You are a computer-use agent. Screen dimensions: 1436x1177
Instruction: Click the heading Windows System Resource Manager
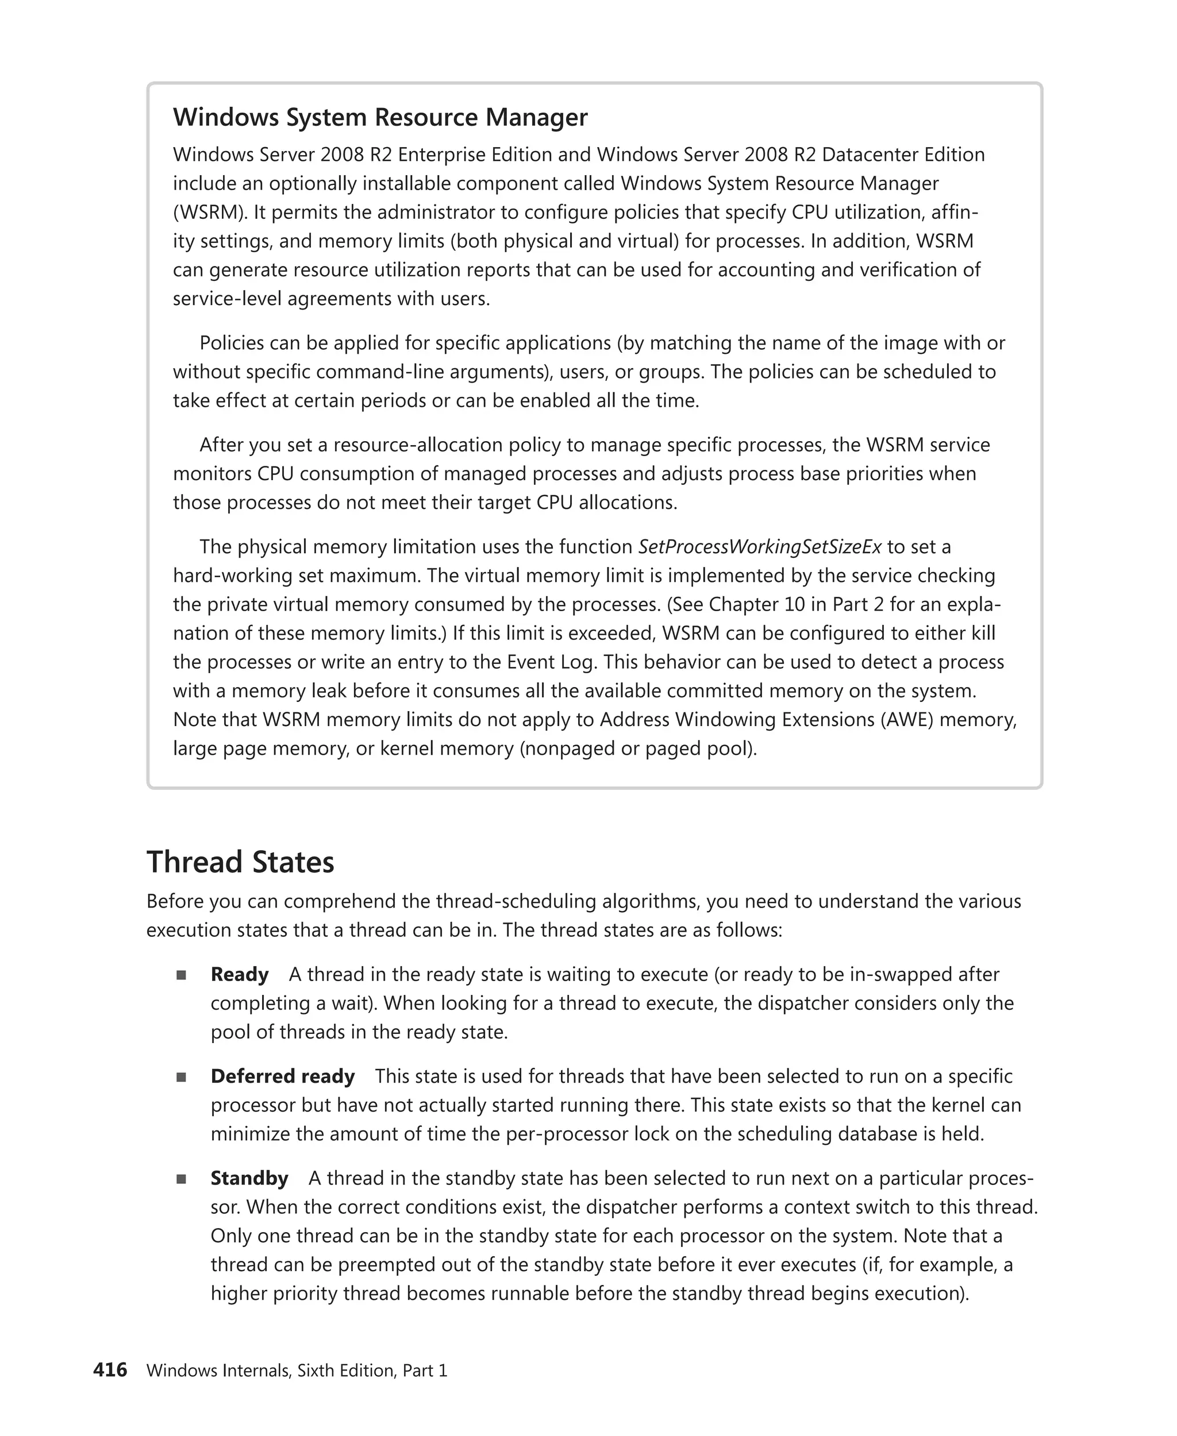(380, 117)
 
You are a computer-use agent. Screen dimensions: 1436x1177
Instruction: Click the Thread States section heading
(240, 862)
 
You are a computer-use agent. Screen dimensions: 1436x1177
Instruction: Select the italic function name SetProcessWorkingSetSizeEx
(759, 546)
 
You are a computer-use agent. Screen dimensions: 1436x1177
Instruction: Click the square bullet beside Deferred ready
(181, 1077)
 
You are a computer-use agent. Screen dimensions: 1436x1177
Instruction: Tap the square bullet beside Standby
(181, 1179)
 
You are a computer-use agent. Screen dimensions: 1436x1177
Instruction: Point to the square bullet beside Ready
(181, 975)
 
